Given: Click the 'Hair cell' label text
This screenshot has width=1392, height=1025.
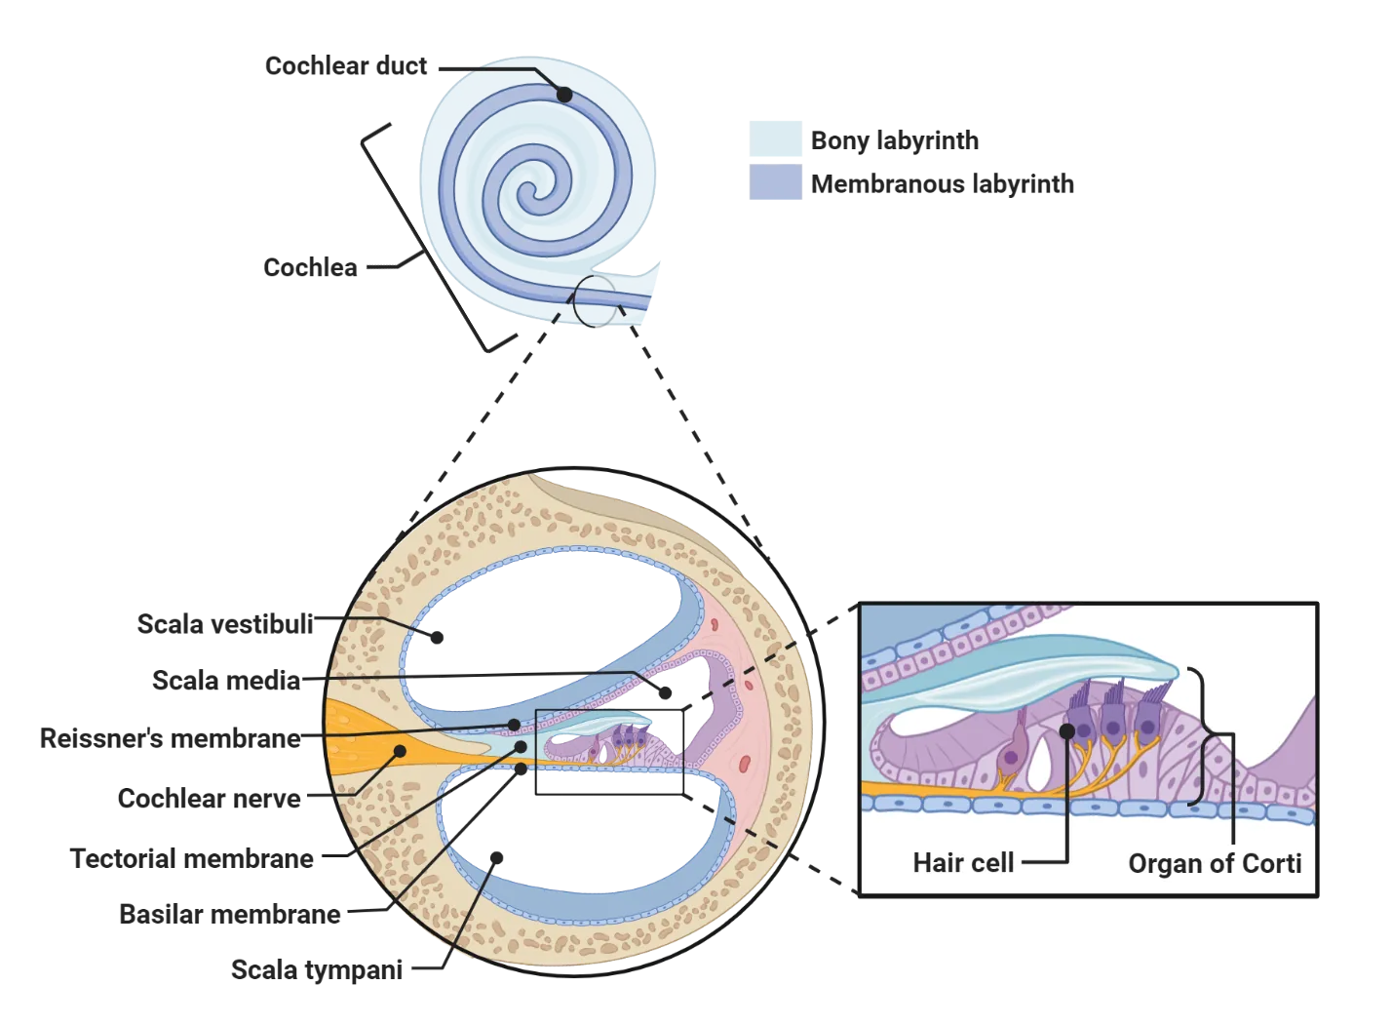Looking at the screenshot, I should [x=963, y=863].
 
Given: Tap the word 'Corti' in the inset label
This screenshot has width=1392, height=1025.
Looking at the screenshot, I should [x=1272, y=863].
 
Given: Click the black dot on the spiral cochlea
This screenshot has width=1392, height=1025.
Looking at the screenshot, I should [x=563, y=95].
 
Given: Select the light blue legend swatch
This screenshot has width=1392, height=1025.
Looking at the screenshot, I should [x=775, y=138].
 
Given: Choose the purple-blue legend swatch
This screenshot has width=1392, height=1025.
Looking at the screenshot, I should [x=775, y=182].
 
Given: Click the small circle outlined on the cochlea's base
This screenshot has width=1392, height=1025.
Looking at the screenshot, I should [x=594, y=299].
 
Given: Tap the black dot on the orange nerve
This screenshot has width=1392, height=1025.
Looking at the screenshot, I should [x=399, y=750].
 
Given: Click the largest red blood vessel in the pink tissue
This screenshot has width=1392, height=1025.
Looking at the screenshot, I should [x=745, y=761].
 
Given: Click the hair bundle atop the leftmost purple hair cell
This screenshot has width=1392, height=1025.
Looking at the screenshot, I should [x=1080, y=694].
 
